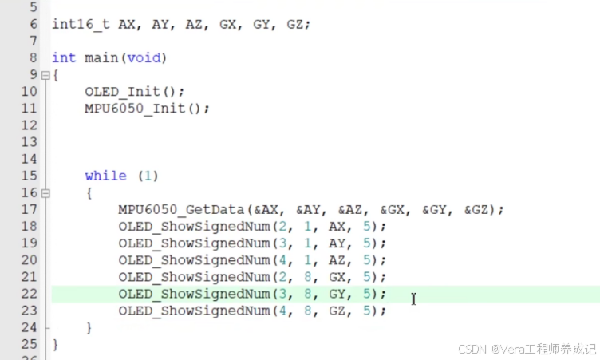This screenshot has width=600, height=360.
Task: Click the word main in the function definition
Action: (x=101, y=58)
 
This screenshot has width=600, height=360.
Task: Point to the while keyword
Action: (x=105, y=176)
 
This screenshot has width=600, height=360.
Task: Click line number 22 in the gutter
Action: (x=30, y=293)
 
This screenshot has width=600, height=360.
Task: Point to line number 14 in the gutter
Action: (x=30, y=159)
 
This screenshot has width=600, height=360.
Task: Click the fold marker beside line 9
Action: (x=45, y=76)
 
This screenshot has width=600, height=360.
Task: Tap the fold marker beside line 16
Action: (x=45, y=193)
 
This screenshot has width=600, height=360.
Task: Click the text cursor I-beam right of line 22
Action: (x=413, y=298)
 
